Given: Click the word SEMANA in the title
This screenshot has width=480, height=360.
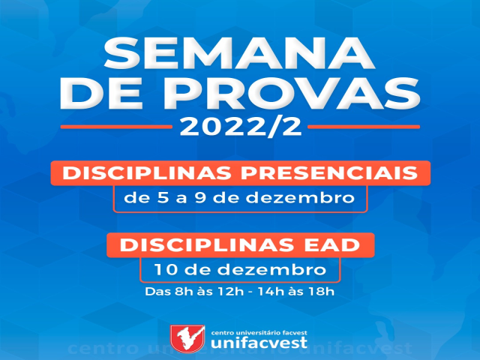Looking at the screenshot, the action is pos(240,53).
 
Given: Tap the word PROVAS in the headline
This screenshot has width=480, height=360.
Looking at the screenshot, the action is pos(292,93).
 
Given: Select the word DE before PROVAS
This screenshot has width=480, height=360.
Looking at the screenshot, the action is pos(102,93).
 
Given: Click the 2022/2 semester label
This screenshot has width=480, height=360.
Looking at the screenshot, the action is pos(240,127).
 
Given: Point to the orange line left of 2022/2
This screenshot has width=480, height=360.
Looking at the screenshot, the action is pos(116,127).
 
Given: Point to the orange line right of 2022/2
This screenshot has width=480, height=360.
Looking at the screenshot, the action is pos(364,127).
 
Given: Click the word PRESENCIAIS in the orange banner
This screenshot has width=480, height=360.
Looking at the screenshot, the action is pos(329,173).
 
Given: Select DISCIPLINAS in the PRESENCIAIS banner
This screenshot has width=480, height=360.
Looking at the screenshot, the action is pos(147,173).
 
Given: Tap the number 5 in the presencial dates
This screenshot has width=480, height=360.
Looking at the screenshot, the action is pos(163,198).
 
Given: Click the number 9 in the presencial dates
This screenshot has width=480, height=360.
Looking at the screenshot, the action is pos(200,198).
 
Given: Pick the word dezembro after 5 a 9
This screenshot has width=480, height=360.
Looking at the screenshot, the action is pos(300,198).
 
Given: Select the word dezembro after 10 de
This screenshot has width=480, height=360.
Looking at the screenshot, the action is pos(271,270).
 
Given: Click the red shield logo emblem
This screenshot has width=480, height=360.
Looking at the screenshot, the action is pos(187,339).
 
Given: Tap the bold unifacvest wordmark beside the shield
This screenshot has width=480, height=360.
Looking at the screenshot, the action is pos(259,343).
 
